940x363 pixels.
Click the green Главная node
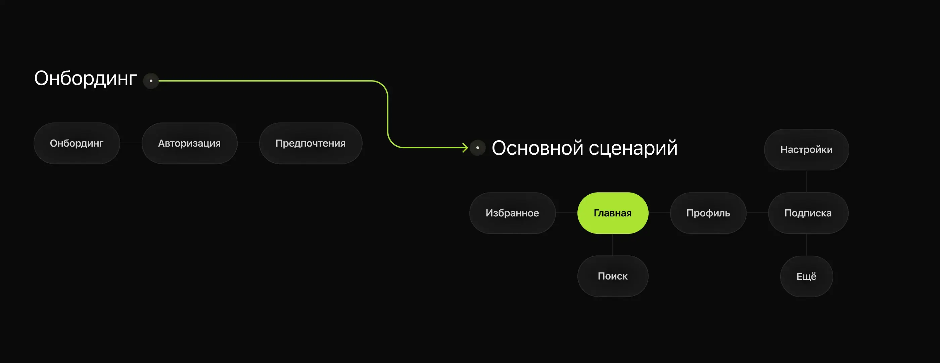point(613,213)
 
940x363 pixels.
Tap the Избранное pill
point(512,213)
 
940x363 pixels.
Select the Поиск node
point(613,276)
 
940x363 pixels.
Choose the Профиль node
point(708,213)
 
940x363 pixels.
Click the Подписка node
point(808,213)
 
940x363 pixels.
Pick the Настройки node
point(806,150)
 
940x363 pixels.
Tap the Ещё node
point(806,276)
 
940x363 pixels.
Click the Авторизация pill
point(189,143)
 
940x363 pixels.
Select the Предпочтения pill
point(311,143)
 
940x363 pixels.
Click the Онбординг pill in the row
point(77,143)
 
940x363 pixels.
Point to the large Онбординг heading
point(85,79)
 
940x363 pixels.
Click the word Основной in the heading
point(537,148)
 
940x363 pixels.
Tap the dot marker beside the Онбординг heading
point(151,81)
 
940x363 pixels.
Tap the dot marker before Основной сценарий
point(478,148)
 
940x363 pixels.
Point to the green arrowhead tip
point(468,148)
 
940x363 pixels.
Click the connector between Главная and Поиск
point(613,245)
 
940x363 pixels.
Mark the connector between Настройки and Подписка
point(806,181)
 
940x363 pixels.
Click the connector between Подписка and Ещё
point(806,245)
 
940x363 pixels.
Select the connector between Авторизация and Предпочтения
point(248,143)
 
